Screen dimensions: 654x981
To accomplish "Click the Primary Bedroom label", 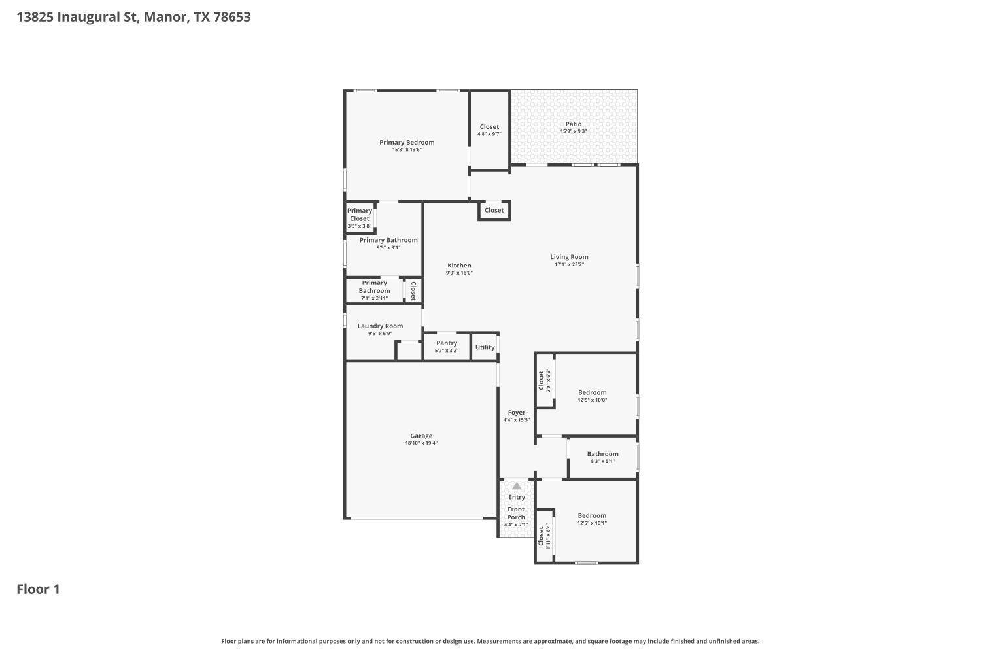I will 407,143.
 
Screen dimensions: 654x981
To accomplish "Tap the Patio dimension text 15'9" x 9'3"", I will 574,131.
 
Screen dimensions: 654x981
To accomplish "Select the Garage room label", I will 421,436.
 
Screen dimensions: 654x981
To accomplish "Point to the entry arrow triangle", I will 517,486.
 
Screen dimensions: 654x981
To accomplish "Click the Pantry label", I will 447,343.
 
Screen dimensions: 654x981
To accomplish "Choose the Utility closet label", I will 485,347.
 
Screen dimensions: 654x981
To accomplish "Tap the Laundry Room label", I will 380,326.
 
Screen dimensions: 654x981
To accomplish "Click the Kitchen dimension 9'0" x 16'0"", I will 459,273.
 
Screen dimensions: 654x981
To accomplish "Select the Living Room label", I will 569,257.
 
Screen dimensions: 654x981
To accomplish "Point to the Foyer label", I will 517,413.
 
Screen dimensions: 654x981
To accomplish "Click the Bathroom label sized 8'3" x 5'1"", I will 602,454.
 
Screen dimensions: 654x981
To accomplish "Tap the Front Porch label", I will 516,513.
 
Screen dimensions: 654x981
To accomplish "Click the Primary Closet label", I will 360,215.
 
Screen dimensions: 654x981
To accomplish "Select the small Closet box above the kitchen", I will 494,210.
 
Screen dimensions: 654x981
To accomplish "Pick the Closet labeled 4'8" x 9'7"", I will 489,127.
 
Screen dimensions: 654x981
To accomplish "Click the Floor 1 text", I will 38,589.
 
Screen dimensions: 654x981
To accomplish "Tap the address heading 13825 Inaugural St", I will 133,17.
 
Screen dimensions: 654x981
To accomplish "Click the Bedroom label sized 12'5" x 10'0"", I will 592,392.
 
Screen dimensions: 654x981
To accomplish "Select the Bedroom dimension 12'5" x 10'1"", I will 592,523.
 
